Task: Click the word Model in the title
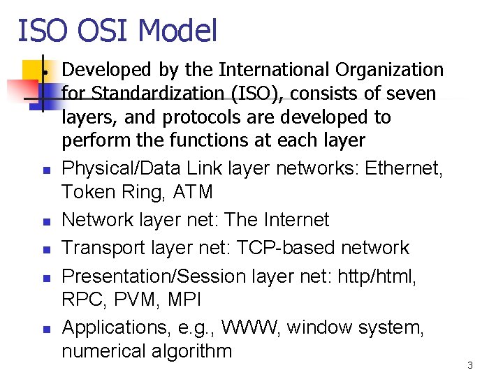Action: pyautogui.click(x=178, y=31)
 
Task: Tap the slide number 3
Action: pyautogui.click(x=470, y=365)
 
